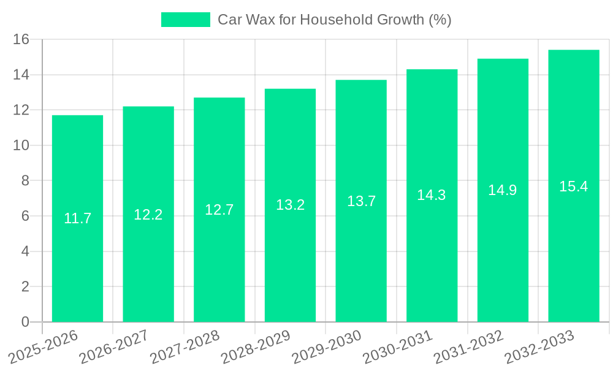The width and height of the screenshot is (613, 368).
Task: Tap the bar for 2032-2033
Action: tap(574, 245)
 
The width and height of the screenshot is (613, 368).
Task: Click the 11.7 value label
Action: tap(77, 218)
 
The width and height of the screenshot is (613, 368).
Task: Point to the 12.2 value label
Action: tap(148, 215)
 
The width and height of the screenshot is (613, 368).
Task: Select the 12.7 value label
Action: tap(219, 210)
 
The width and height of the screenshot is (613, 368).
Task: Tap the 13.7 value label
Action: tap(361, 201)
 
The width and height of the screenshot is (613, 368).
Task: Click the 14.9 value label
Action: tap(503, 190)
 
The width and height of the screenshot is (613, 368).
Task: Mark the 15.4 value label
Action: tap(574, 186)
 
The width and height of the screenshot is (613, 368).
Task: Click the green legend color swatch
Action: tap(185, 20)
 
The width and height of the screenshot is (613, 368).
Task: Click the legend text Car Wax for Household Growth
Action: tap(335, 20)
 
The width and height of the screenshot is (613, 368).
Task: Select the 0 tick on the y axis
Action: tap(25, 322)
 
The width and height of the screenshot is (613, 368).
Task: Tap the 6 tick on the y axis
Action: tap(25, 217)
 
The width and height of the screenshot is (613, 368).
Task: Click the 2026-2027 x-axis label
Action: tap(114, 347)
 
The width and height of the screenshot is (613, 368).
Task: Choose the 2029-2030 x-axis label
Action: tap(327, 347)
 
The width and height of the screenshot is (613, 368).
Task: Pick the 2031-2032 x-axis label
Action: tap(468, 347)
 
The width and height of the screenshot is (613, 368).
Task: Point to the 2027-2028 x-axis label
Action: tap(185, 347)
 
